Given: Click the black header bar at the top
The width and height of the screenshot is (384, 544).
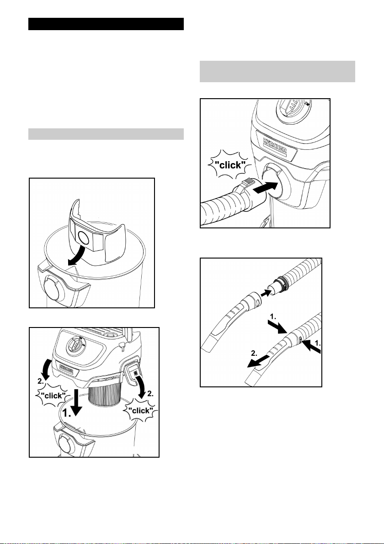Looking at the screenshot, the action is pyautogui.click(x=106, y=24).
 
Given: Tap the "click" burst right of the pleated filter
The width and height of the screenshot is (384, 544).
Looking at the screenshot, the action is pyautogui.click(x=141, y=411).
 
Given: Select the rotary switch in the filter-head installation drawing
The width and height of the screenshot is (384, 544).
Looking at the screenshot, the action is pyautogui.click(x=75, y=345).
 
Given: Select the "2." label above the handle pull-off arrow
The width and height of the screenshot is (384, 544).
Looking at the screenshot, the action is pyautogui.click(x=255, y=354).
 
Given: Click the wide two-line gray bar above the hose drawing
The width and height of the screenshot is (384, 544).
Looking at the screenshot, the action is pyautogui.click(x=277, y=71).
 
